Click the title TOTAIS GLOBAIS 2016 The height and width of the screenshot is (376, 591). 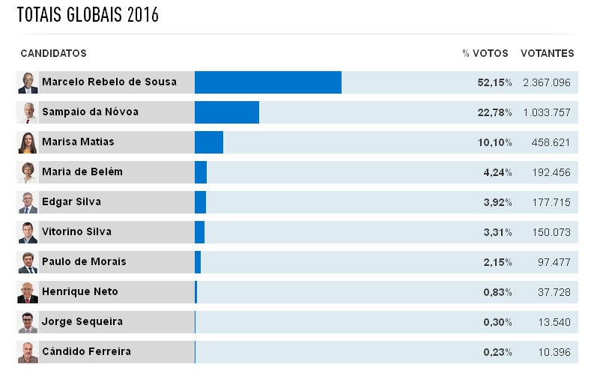[88, 15]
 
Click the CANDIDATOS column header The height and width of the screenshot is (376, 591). [53, 53]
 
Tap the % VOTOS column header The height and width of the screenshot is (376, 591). [485, 53]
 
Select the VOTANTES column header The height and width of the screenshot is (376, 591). [547, 53]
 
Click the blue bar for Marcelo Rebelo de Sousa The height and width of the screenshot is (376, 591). [267, 82]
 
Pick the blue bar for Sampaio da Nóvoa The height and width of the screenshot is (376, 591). [226, 112]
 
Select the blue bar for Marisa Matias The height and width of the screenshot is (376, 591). [208, 142]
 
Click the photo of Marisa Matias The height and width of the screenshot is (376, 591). [28, 142]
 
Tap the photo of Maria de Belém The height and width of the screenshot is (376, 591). [28, 172]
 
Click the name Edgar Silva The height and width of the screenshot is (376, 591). [71, 201]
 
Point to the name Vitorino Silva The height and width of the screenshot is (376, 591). [76, 231]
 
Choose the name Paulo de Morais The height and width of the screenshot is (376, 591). [84, 261]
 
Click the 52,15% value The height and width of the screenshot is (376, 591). [494, 82]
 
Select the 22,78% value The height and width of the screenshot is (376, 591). [494, 112]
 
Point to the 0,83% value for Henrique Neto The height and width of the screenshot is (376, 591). [497, 291]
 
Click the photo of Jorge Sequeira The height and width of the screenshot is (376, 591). [28, 322]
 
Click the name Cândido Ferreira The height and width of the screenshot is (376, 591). [86, 351]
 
